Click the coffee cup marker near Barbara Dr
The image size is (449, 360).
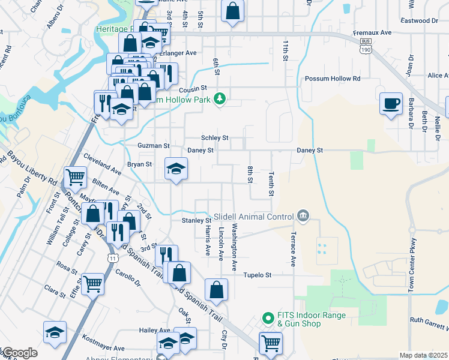(391, 103)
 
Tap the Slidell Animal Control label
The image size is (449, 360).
(254, 216)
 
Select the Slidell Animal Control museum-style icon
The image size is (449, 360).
(303, 216)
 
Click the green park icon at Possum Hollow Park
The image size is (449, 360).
(220, 98)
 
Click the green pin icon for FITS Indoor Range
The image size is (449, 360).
(268, 316)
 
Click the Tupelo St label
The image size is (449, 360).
(258, 275)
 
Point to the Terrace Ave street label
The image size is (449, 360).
(294, 249)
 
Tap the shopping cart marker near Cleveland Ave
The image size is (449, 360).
(76, 177)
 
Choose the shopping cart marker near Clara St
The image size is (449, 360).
(93, 283)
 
